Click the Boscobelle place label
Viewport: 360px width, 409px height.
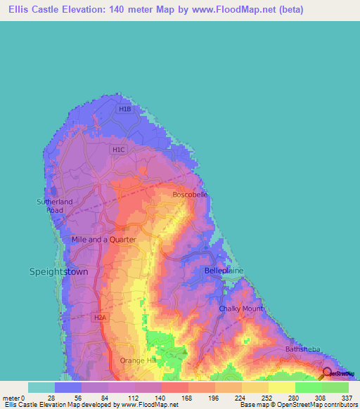click(x=191, y=195)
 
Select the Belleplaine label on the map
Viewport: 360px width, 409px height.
click(x=224, y=271)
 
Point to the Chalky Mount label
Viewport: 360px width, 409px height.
click(x=240, y=309)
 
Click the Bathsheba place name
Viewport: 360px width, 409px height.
click(x=303, y=349)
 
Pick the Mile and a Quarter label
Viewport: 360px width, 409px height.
click(x=103, y=240)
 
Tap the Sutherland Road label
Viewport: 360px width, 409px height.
click(x=51, y=206)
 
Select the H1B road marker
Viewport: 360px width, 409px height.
click(x=124, y=109)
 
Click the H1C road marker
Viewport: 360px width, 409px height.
click(x=118, y=150)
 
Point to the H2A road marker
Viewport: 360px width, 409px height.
click(x=99, y=318)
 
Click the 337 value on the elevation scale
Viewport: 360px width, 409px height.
click(x=347, y=398)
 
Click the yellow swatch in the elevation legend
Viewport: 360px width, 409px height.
click(x=281, y=387)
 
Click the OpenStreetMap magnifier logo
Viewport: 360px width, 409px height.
click(x=327, y=373)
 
